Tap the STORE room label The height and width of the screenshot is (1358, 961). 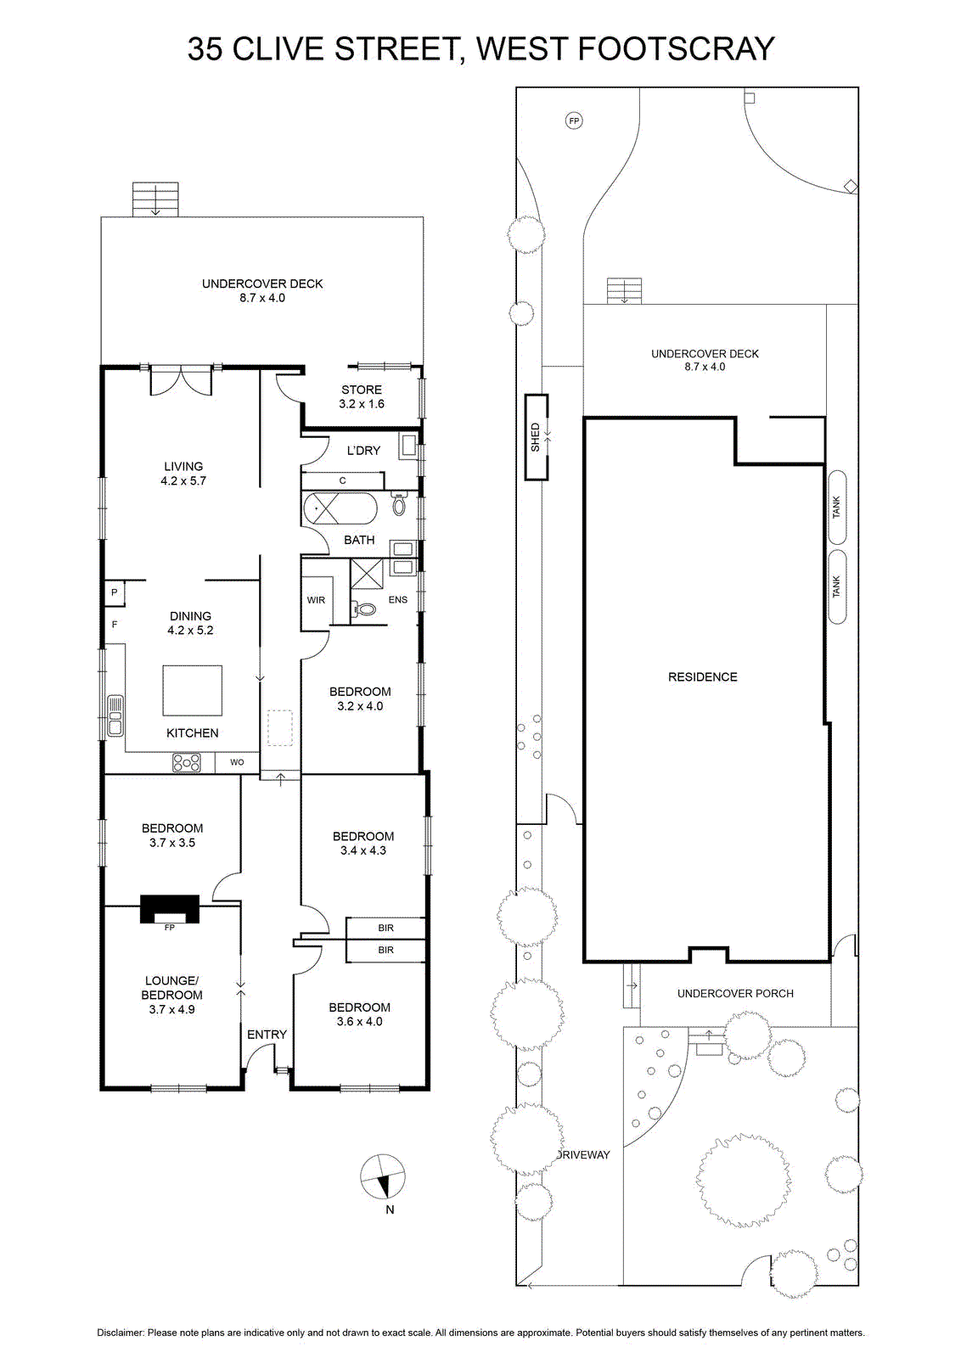click(x=362, y=390)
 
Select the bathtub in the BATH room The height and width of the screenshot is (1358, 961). click(x=340, y=508)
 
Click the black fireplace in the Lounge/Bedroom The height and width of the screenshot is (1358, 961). click(x=170, y=909)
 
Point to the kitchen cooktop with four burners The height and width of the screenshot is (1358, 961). click(x=187, y=763)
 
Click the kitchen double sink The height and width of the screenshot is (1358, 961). click(x=115, y=716)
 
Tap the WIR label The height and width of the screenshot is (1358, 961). click(x=316, y=600)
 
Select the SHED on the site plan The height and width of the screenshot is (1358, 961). click(x=537, y=437)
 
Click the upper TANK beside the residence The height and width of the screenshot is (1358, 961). click(x=837, y=508)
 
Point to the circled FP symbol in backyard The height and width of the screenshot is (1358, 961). click(x=574, y=121)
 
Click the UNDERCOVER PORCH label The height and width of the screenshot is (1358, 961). click(x=735, y=994)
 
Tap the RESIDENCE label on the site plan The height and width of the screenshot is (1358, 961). click(x=703, y=677)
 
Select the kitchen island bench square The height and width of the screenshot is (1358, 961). click(x=192, y=691)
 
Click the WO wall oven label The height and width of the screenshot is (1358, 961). click(x=237, y=762)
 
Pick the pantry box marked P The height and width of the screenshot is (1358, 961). click(x=115, y=593)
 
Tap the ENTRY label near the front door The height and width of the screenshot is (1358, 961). click(x=267, y=1035)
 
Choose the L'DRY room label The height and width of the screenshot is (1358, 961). click(x=363, y=451)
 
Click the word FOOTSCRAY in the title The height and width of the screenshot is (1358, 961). click(x=677, y=49)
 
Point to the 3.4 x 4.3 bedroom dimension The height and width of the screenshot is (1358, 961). click(x=363, y=850)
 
